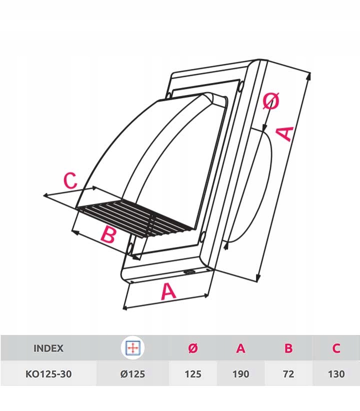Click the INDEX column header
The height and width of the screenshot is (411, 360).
point(48,348)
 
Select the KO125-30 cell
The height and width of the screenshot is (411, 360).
point(48,374)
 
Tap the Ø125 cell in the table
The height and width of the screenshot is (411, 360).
point(132,374)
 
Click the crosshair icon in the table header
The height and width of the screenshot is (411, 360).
point(133,348)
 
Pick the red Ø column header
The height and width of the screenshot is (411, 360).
point(193,348)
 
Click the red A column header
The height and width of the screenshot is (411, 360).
point(240,348)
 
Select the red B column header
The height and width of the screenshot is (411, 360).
point(288,348)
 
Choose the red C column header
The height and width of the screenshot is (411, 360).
point(336,348)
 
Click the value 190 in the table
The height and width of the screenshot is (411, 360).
point(240,374)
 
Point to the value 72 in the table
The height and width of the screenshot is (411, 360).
point(288,374)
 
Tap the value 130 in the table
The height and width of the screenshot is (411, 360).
point(336,374)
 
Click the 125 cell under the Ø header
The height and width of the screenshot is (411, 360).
point(193,374)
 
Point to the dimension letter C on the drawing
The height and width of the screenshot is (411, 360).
point(70,180)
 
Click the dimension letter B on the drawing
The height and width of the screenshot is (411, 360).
point(108,234)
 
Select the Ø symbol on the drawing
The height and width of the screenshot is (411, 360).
point(271,101)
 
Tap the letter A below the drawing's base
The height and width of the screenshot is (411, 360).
point(168,291)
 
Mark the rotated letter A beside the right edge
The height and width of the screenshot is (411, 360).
point(285,134)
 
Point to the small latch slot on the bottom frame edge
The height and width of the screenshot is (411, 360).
point(189,271)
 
